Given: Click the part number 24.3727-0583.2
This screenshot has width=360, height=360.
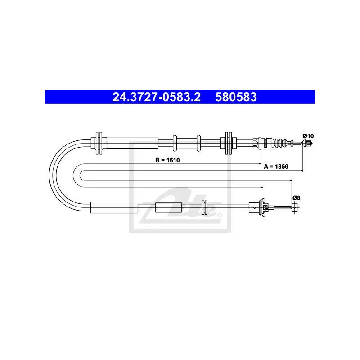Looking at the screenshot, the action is [x=156, y=97].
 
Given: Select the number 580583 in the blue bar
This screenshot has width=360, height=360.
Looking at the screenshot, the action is [x=236, y=97].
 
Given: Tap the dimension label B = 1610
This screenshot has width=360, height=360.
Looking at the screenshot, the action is [x=167, y=160].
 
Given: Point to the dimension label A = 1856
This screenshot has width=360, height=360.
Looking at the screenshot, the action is [x=276, y=166].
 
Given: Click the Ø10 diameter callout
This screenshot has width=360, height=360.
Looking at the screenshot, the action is [x=308, y=136].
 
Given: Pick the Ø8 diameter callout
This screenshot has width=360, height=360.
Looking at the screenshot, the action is [x=297, y=198].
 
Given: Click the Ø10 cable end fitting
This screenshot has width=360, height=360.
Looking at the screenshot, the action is [x=307, y=143].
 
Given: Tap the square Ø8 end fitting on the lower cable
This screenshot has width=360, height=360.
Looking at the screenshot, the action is [x=295, y=207].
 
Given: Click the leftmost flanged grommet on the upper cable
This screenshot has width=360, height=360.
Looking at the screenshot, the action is [x=99, y=143].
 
